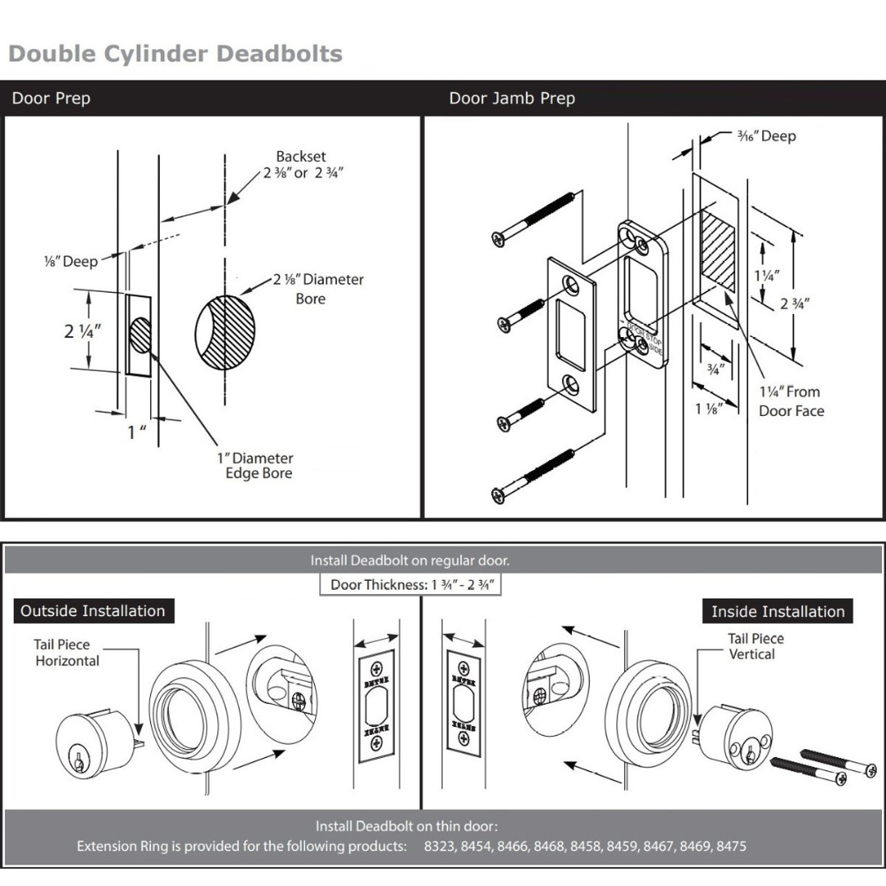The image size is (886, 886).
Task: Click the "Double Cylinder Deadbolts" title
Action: pos(175,54)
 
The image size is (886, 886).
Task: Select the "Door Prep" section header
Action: pos(51,98)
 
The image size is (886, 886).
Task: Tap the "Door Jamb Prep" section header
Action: pos(512,98)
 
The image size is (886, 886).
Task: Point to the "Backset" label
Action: pos(300,157)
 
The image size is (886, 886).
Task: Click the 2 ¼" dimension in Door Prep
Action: pos(83,331)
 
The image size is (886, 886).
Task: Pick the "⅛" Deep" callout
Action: pos(71,262)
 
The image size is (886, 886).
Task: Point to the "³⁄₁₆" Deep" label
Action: pos(766,136)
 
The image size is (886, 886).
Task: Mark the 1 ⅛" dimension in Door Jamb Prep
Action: pos(708,409)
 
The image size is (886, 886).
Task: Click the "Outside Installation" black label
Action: pos(93,610)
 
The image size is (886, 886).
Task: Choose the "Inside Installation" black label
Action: pos(777,611)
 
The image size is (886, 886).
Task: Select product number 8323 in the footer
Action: pos(441,846)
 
